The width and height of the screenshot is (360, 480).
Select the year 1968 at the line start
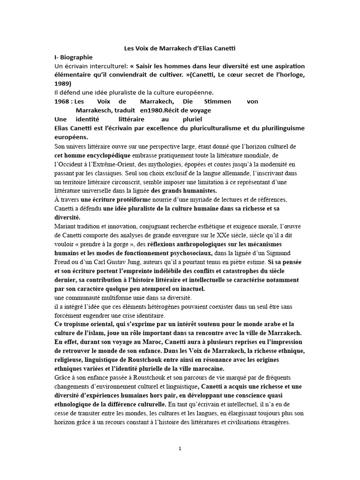[x=62, y=101]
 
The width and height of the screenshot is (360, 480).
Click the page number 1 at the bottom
[x=180, y=449]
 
